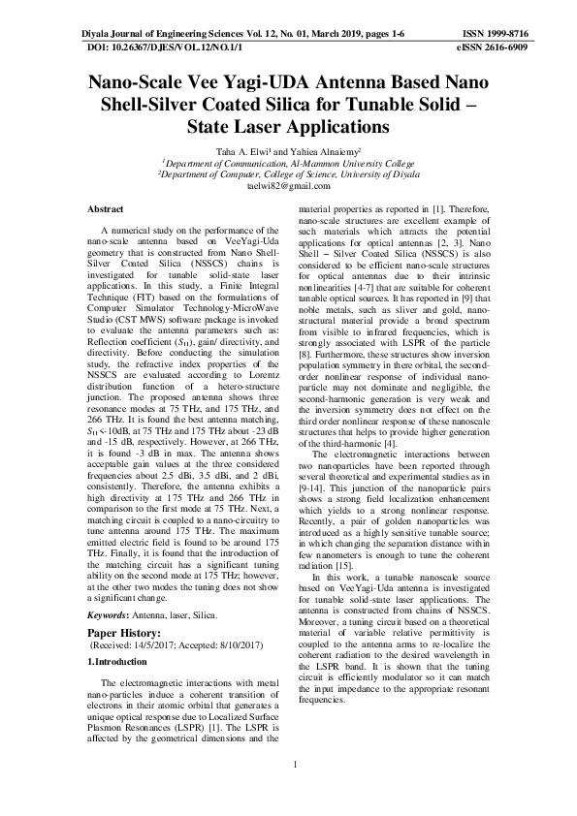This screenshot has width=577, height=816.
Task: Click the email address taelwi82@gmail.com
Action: [x=288, y=186]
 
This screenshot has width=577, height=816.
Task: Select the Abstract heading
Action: [x=106, y=209]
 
